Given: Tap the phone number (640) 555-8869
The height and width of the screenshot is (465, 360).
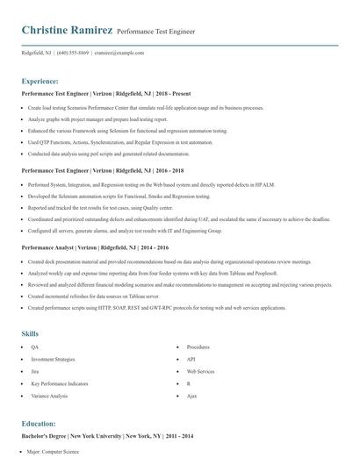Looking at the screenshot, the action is (72, 53).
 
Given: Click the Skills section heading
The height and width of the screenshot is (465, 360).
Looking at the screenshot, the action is (31, 333).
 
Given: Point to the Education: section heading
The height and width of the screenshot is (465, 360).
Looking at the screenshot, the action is (39, 422).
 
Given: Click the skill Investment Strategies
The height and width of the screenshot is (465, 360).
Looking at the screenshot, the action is (54, 359).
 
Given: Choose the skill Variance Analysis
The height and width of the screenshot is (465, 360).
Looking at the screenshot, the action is (49, 396).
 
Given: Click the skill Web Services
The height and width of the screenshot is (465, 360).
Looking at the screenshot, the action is (200, 371).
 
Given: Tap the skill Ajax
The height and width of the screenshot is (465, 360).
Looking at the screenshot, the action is (191, 396).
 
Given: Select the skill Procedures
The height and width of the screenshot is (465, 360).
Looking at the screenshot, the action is (198, 347).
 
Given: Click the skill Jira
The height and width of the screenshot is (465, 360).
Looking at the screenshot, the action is (36, 371).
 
